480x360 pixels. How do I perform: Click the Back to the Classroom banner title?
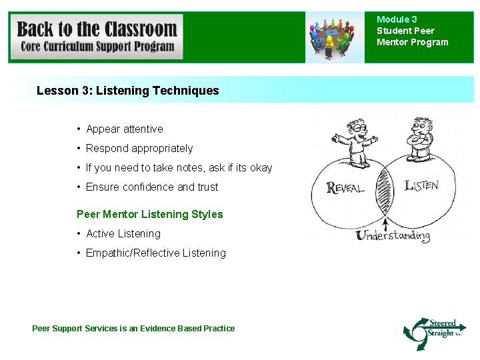97,29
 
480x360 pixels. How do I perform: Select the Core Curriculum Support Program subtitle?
97,47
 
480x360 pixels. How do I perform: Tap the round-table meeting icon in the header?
331,38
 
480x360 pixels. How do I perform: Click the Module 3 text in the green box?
397,20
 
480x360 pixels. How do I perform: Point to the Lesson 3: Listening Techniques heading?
127,90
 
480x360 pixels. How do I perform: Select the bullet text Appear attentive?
124,129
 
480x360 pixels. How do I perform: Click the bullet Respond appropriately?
139,148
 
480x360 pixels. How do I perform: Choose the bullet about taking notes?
179,167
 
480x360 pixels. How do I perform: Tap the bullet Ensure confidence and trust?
151,187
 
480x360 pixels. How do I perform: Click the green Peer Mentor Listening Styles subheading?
150,214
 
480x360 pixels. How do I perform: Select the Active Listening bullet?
123,233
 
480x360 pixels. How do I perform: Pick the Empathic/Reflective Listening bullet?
155,253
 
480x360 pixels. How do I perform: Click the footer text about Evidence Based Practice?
133,328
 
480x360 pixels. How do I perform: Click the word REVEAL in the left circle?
345,187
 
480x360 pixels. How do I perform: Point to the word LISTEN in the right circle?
421,185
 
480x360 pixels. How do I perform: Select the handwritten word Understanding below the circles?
393,235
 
